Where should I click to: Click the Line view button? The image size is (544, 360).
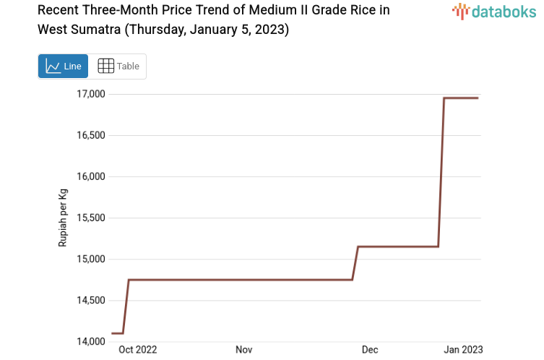tap(63, 67)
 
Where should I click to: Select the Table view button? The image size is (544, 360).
tap(118, 67)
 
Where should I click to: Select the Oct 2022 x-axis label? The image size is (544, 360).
tap(137, 350)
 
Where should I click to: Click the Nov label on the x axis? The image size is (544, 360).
tap(243, 350)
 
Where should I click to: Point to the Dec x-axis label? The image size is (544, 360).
tap(370, 350)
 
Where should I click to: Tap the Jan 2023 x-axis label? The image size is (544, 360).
tap(463, 350)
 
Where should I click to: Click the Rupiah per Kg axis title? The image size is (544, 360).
tap(63, 218)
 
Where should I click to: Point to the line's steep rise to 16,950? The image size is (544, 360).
tap(441, 173)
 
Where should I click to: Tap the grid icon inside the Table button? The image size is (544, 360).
tap(105, 67)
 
